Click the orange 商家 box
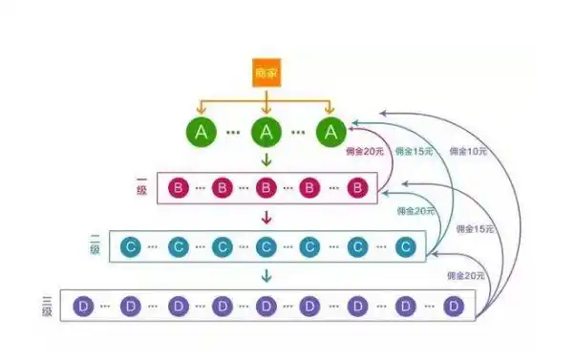coord(266,74)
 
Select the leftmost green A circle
coord(201,133)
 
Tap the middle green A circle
coord(266,133)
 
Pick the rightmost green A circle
coord(331,133)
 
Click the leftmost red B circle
coord(177,189)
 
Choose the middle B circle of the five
coord(266,189)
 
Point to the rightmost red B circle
coord(356,189)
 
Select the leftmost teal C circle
coord(131,247)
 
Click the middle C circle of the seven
coord(266,247)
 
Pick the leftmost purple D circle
coord(84,306)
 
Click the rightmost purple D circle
coord(454,306)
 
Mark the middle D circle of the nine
coord(266,306)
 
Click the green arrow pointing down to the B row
coord(266,160)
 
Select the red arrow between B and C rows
coord(266,219)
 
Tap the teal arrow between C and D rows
coord(266,277)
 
